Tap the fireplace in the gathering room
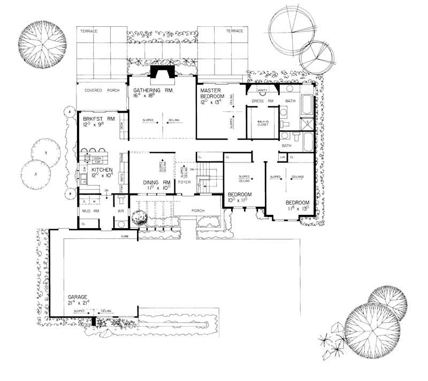(159, 73)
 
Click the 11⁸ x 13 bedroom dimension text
(297, 209)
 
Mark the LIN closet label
(282, 157)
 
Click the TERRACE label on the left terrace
(89, 31)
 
